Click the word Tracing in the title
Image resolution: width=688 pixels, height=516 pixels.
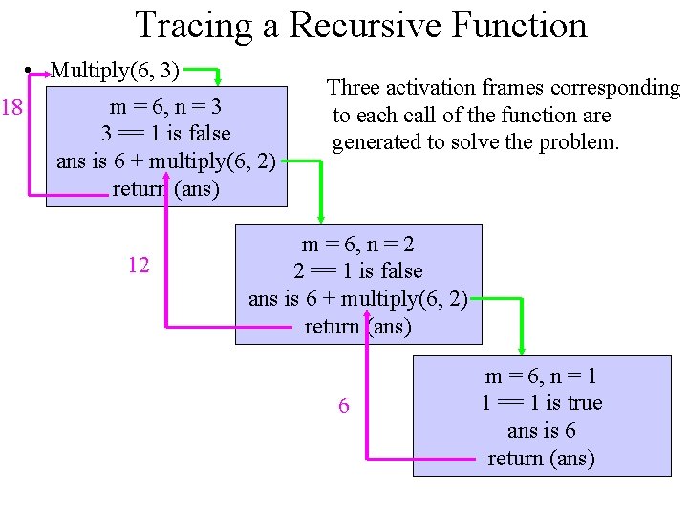[195, 25]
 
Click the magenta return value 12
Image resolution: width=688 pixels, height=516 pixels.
[139, 265]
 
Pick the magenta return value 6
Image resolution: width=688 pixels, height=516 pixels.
[344, 406]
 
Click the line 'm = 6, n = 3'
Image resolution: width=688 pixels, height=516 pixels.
[165, 106]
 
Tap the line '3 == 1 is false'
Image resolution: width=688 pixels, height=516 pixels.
[165, 133]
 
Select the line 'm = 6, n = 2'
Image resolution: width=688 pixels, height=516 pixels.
[358, 245]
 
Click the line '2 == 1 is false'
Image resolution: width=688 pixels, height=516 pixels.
[358, 271]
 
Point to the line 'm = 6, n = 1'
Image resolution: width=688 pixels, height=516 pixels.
[542, 376]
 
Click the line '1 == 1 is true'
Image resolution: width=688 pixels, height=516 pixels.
[542, 403]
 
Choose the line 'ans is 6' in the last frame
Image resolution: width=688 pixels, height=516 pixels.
[542, 431]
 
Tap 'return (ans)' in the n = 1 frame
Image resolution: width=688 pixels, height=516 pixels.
[542, 458]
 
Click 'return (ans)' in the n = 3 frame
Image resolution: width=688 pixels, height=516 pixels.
[165, 188]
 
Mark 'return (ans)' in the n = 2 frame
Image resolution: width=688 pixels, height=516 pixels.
[358, 327]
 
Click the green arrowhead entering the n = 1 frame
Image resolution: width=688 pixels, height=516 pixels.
[522, 349]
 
